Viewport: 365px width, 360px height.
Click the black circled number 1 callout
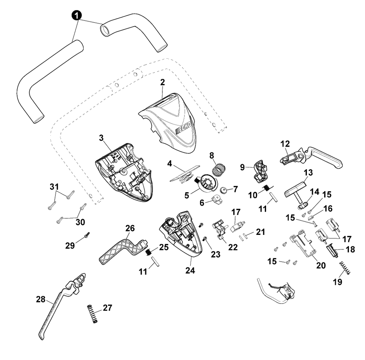77,16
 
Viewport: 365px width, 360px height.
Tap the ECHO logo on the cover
184,128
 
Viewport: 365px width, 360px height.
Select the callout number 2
162,82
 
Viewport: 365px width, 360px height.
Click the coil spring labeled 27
92,313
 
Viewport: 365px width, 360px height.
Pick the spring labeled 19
345,268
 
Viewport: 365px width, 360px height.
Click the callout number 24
190,271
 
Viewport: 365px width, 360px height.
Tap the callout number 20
321,265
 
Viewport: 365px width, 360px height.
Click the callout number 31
54,187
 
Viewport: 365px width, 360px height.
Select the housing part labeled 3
123,173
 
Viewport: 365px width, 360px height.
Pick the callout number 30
80,222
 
